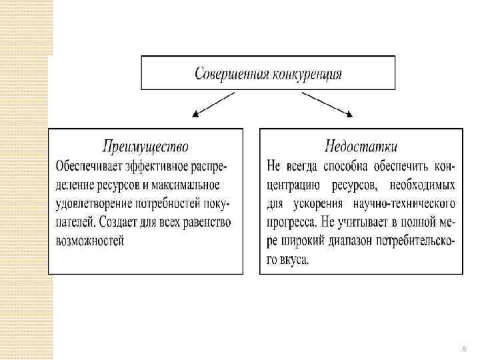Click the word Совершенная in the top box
pyautogui.click(x=231, y=73)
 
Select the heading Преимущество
pyautogui.click(x=146, y=146)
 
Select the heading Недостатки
pyautogui.click(x=361, y=146)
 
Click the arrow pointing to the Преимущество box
pyautogui.click(x=213, y=104)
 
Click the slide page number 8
pyautogui.click(x=464, y=349)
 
